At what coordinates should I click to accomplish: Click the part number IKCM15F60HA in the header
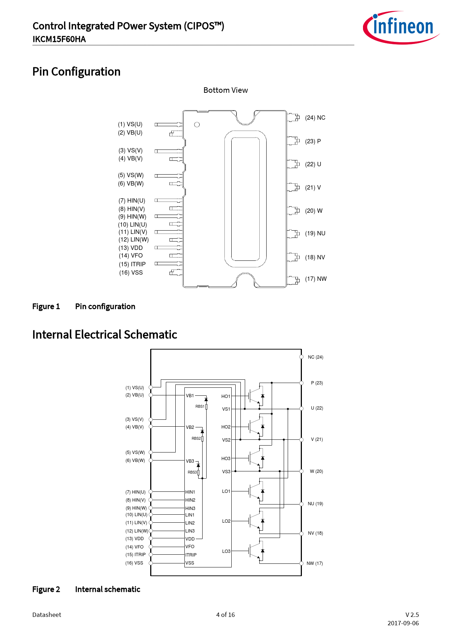(59, 39)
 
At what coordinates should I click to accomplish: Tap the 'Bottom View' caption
(225, 90)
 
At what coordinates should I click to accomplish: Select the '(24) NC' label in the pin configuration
(315, 118)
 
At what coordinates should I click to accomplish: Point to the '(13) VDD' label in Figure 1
(131, 248)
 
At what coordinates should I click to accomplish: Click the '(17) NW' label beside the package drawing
(316, 279)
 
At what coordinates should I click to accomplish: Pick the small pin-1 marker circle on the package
(197, 125)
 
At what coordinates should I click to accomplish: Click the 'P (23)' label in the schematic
(317, 383)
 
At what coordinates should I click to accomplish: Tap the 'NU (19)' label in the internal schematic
(315, 504)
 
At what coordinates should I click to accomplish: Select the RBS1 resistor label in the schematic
(200, 406)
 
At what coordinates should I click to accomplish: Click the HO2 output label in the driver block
(226, 427)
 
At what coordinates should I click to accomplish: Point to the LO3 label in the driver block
(226, 551)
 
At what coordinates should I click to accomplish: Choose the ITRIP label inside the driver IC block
(191, 555)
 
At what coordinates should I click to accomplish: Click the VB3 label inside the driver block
(190, 461)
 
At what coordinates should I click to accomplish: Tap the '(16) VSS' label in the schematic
(134, 563)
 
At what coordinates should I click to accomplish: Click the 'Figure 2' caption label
(46, 590)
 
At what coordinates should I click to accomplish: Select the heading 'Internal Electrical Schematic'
(105, 335)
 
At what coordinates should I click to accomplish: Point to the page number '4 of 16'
(225, 615)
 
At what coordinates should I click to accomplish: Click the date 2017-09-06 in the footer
(403, 623)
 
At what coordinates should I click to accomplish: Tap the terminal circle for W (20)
(302, 471)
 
